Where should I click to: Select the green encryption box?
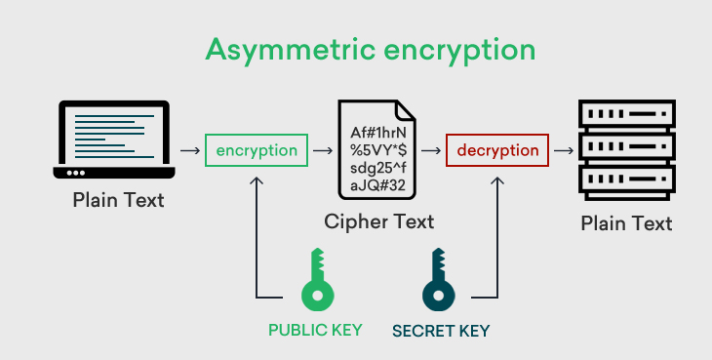257,151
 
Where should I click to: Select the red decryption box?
498,151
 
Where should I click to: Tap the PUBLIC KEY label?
315,331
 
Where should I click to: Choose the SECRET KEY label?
441,331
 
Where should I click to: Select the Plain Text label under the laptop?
118,201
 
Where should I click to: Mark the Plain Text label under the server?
626,223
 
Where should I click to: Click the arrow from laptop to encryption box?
188,151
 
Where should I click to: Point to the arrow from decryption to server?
563,151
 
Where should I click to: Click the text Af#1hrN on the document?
377,132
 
